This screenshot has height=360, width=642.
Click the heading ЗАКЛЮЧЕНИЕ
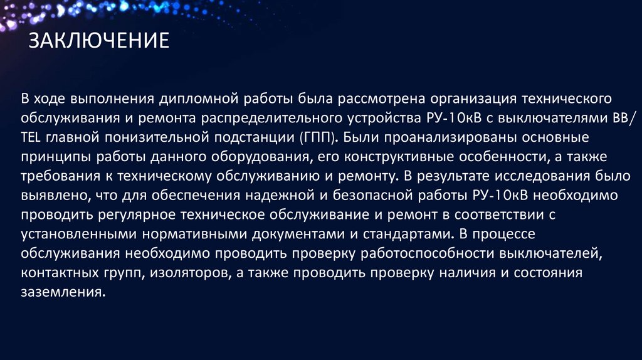(x=99, y=41)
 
